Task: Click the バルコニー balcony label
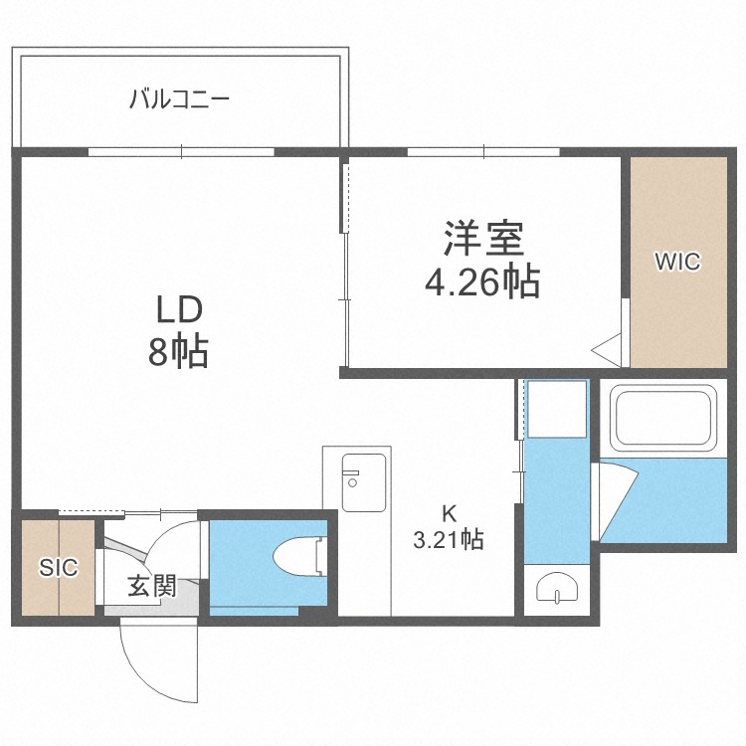click(179, 99)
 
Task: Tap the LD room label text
click(179, 309)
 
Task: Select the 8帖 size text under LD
click(178, 352)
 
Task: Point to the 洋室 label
click(483, 239)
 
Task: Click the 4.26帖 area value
click(482, 281)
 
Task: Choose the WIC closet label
click(678, 262)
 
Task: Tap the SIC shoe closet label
click(58, 567)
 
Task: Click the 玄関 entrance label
click(152, 586)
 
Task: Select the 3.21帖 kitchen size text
click(449, 540)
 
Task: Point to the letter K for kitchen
click(450, 514)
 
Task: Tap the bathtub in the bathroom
click(663, 417)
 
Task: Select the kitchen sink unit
click(364, 482)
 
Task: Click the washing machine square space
click(557, 409)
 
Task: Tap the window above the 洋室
click(483, 152)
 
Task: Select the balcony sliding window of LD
click(181, 152)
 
